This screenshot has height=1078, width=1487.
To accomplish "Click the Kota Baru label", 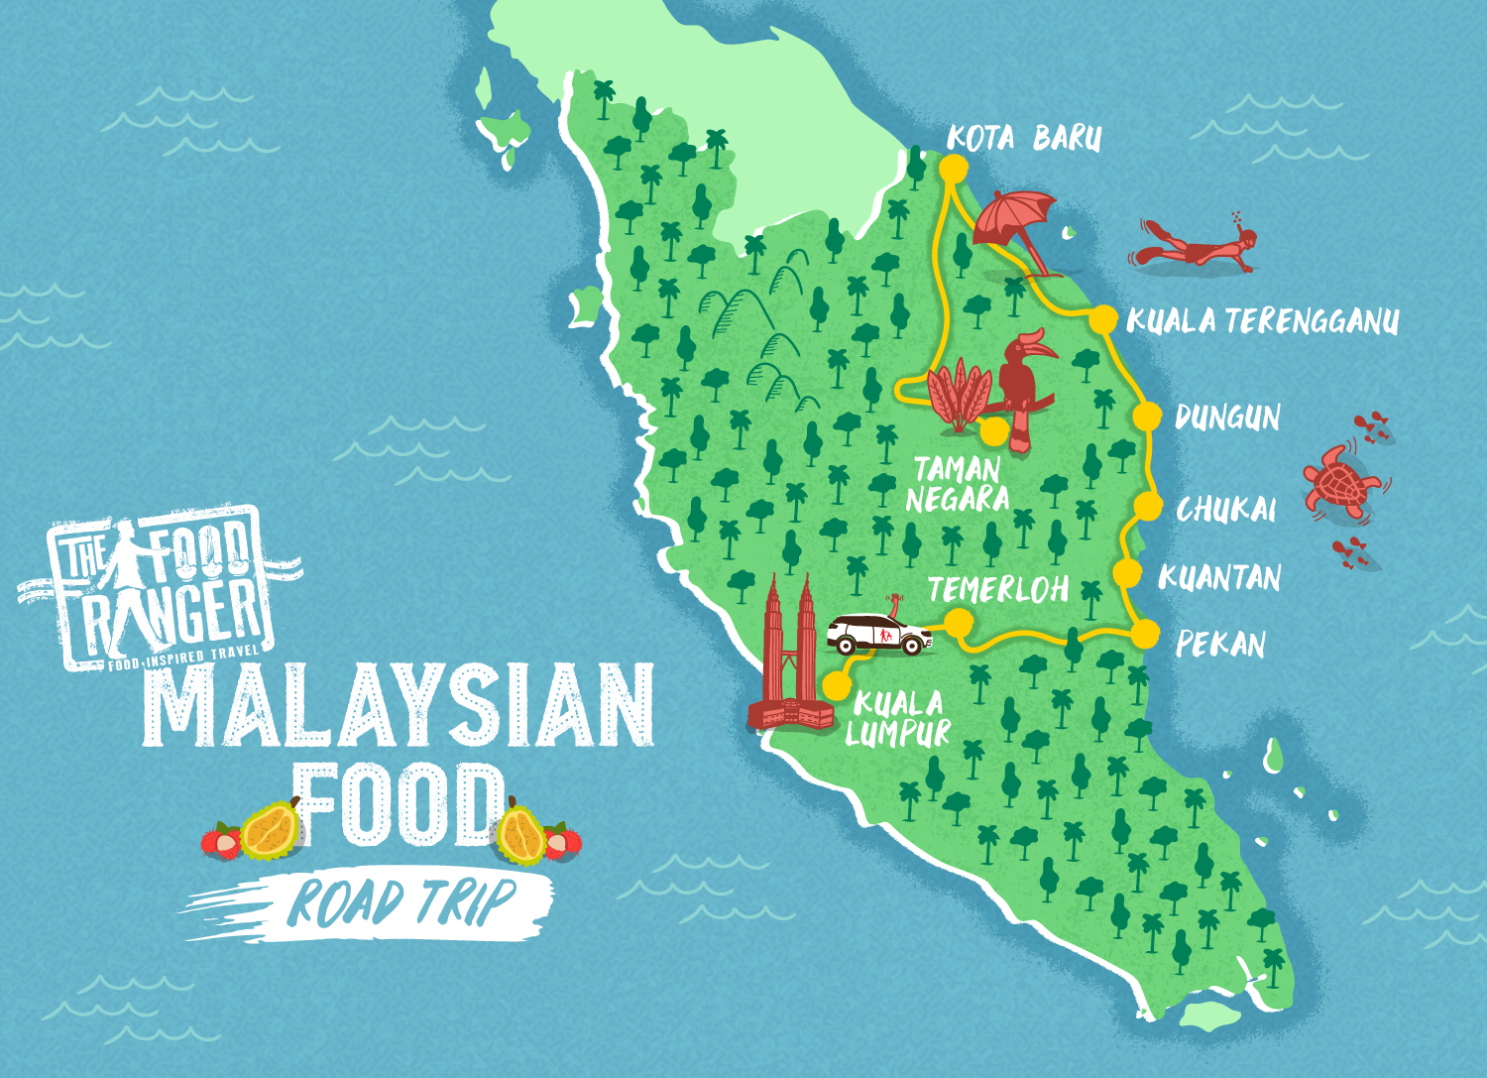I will click(x=1024, y=139).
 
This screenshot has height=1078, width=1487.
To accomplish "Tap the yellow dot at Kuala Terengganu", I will click(x=1102, y=319).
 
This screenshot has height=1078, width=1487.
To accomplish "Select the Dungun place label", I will click(x=1227, y=418).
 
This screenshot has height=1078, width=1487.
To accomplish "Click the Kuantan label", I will click(x=1219, y=577).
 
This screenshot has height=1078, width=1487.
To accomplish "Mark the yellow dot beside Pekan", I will click(x=1145, y=634).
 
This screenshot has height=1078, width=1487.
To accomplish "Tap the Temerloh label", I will click(x=998, y=590).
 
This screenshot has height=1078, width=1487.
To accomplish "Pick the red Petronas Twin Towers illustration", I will click(x=790, y=659).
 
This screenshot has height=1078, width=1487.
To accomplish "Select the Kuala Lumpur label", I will click(x=898, y=718).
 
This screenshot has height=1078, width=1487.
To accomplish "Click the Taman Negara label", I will click(x=958, y=484).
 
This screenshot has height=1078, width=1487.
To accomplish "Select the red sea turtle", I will click(x=1339, y=480).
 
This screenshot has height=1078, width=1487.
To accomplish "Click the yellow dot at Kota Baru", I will click(x=954, y=167).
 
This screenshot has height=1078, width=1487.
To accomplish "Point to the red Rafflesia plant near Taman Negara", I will click(x=958, y=396).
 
